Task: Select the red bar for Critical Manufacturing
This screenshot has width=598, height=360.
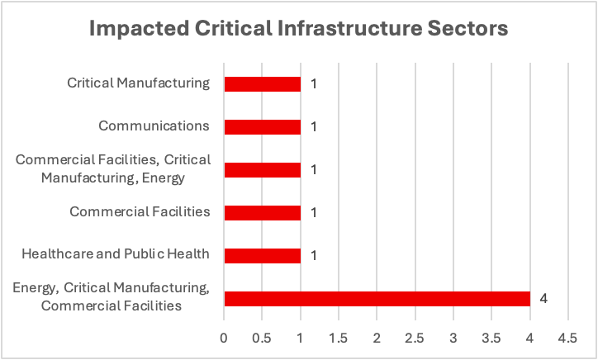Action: [262, 83]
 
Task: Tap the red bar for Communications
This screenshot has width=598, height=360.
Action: [262, 126]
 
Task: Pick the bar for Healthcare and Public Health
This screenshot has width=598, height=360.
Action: [262, 255]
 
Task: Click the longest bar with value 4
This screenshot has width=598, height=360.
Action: [377, 298]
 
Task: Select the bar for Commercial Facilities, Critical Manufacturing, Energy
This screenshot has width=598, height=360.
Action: [262, 169]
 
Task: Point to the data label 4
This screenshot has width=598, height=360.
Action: [543, 297]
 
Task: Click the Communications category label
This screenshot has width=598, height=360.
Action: [154, 126]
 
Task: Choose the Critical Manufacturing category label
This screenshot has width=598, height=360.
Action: [139, 83]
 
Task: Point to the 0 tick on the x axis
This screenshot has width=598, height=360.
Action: [224, 339]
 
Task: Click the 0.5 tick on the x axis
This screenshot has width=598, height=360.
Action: [262, 339]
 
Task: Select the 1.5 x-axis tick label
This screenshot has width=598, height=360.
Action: [339, 339]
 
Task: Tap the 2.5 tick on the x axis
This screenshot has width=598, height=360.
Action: [415, 339]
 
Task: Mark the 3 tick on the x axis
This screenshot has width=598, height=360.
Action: [453, 339]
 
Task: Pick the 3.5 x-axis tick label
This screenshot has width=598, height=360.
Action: [491, 339]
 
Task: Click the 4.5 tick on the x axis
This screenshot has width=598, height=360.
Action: [567, 339]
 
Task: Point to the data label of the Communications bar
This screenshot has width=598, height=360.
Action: [314, 126]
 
